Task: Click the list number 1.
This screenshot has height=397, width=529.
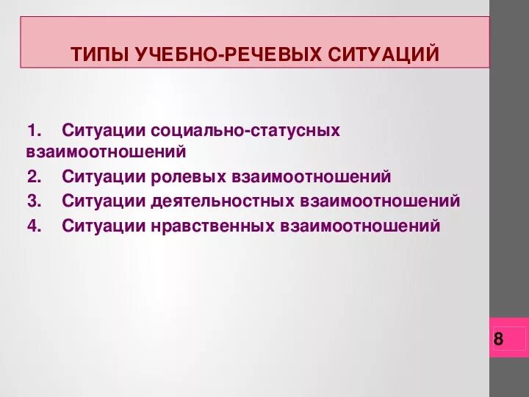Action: click(32, 131)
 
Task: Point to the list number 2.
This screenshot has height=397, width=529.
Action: click(32, 177)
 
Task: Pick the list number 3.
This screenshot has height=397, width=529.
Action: click(32, 201)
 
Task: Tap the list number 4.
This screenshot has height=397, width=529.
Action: click(32, 226)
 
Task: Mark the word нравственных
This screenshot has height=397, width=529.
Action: click(215, 226)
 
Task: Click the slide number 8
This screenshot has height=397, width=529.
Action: click(499, 339)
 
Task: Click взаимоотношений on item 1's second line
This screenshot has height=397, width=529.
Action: click(106, 153)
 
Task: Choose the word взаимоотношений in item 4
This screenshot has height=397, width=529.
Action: click(360, 226)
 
